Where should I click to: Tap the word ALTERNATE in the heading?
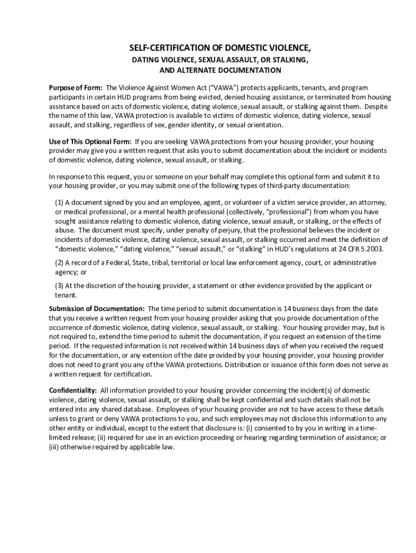pyautogui.click(x=200, y=70)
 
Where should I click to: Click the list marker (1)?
pyautogui.click(x=59, y=202)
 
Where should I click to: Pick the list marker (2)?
pyautogui.click(x=59, y=262)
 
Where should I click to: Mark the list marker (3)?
pyautogui.click(x=59, y=286)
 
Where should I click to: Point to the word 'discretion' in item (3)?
pyautogui.click(x=100, y=286)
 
